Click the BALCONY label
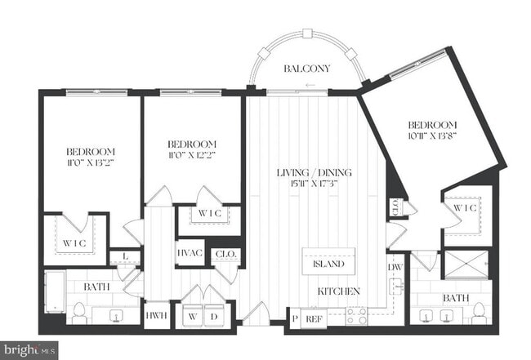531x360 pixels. (306, 69)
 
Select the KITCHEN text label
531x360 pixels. (338, 291)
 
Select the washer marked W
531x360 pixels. (191, 315)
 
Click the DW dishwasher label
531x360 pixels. (395, 266)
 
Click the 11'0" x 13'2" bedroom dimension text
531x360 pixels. (90, 163)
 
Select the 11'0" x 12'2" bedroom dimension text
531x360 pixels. (193, 154)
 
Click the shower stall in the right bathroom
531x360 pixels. (467, 265)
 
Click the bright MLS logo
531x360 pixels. (29, 349)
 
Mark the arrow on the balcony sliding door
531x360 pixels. (309, 85)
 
